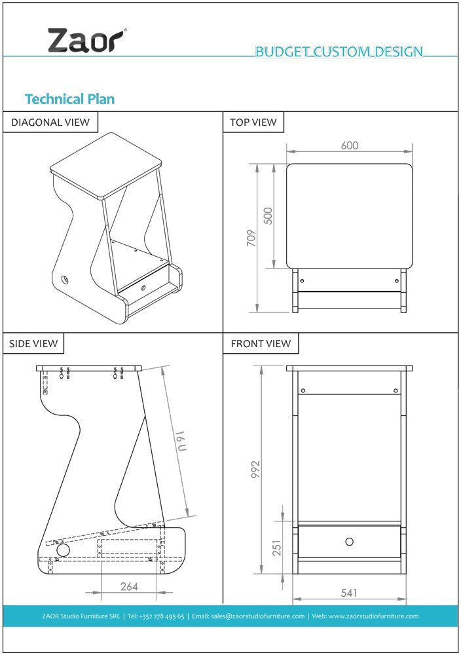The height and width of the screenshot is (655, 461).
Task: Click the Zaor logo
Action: [86, 41]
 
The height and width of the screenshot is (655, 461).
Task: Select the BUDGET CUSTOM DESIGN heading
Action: [339, 52]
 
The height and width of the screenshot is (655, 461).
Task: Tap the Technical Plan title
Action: [69, 99]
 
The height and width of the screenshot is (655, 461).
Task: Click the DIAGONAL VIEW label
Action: [50, 122]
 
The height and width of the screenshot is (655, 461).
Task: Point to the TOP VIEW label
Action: [253, 122]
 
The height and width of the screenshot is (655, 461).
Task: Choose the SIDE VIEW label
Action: [33, 343]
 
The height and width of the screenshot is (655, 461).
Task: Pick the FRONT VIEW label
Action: [261, 343]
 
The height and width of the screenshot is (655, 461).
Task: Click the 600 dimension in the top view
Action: [350, 145]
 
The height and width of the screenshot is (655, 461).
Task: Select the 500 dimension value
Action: [268, 216]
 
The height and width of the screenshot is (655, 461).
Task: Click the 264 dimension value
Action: [129, 586]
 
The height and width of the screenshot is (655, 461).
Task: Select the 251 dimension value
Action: [277, 548]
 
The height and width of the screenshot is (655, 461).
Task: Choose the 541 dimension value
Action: [349, 593]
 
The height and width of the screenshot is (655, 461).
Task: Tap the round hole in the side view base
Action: [64, 550]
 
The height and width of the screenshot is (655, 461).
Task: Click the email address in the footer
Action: [248, 616]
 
